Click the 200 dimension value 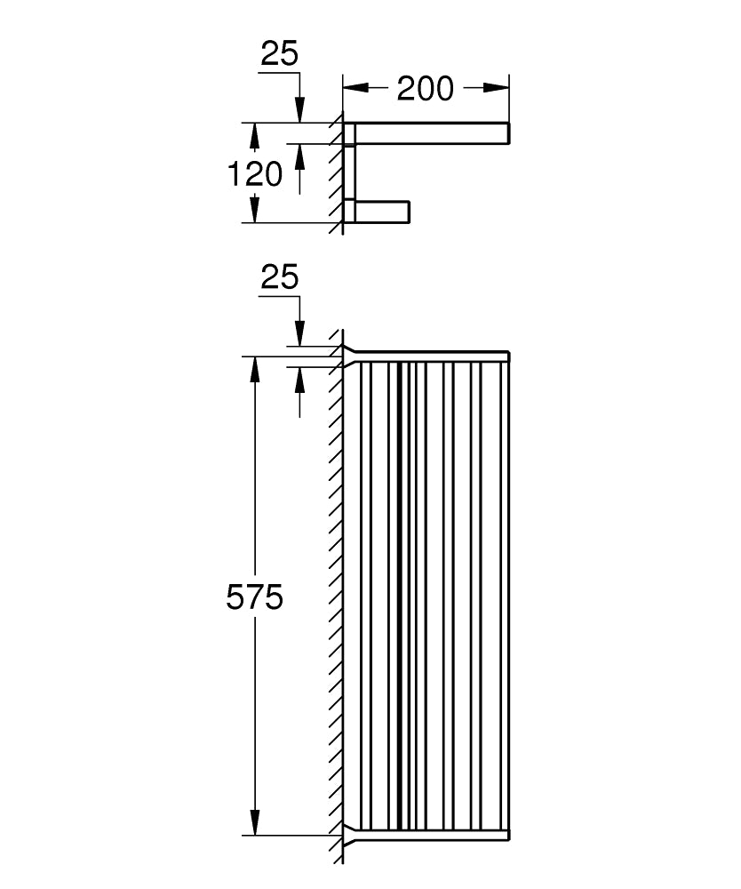(x=425, y=88)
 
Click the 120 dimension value (x=255, y=174)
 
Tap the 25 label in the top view (x=279, y=55)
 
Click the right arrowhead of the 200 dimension (x=499, y=88)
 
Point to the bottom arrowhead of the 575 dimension (x=255, y=822)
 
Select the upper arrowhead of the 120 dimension (x=255, y=135)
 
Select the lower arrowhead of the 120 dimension (x=255, y=209)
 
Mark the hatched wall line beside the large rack (x=337, y=596)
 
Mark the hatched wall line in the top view (x=337, y=173)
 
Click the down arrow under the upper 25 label (x=299, y=110)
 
